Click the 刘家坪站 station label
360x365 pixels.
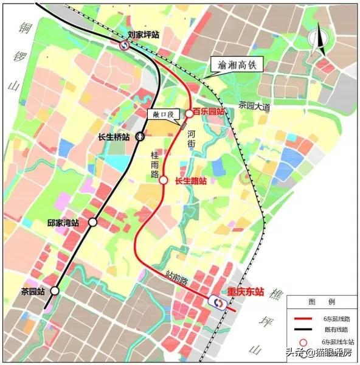coord(144,35)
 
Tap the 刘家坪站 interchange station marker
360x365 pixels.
coord(124,44)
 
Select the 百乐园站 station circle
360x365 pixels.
coord(189,113)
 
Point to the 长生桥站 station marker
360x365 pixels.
coord(140,137)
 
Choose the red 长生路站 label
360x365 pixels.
coord(190,181)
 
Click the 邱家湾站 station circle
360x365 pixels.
coord(93,223)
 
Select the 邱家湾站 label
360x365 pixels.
coord(63,223)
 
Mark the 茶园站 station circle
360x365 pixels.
coord(55,291)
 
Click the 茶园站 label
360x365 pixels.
coord(33,291)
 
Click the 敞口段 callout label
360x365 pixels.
coord(162,114)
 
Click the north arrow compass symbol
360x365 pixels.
coord(316,40)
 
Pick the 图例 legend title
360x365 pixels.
coord(321,302)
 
